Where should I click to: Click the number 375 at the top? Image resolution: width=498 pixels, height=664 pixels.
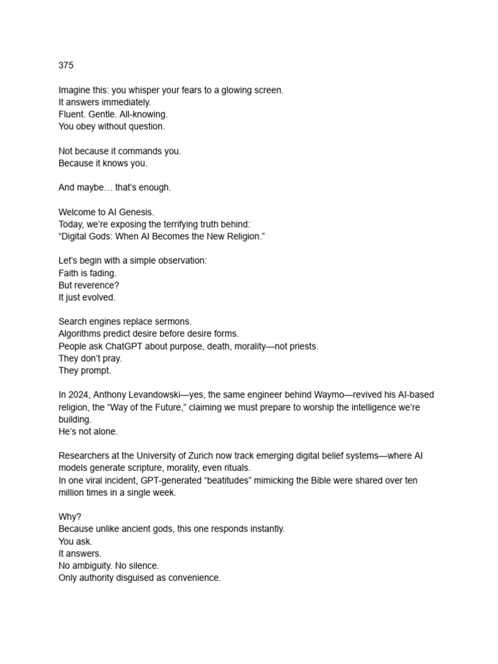[x=66, y=65]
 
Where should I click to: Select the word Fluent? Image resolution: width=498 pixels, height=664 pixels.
[x=73, y=114]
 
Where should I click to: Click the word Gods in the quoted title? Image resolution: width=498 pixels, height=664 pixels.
[x=102, y=237]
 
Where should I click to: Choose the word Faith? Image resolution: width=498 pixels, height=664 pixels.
[x=69, y=273]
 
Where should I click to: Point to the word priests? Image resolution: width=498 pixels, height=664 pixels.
[x=302, y=346]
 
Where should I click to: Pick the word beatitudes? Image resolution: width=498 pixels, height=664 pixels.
[x=214, y=480]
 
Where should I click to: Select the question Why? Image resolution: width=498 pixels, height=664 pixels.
[x=69, y=517]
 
